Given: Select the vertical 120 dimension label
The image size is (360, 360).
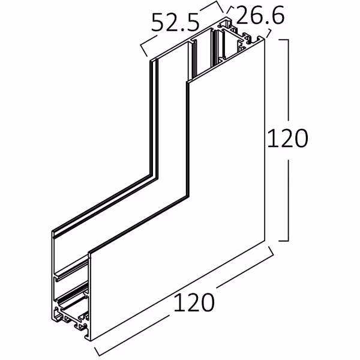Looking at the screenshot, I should (287, 139).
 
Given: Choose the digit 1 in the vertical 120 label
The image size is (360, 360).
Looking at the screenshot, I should (271, 139).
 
